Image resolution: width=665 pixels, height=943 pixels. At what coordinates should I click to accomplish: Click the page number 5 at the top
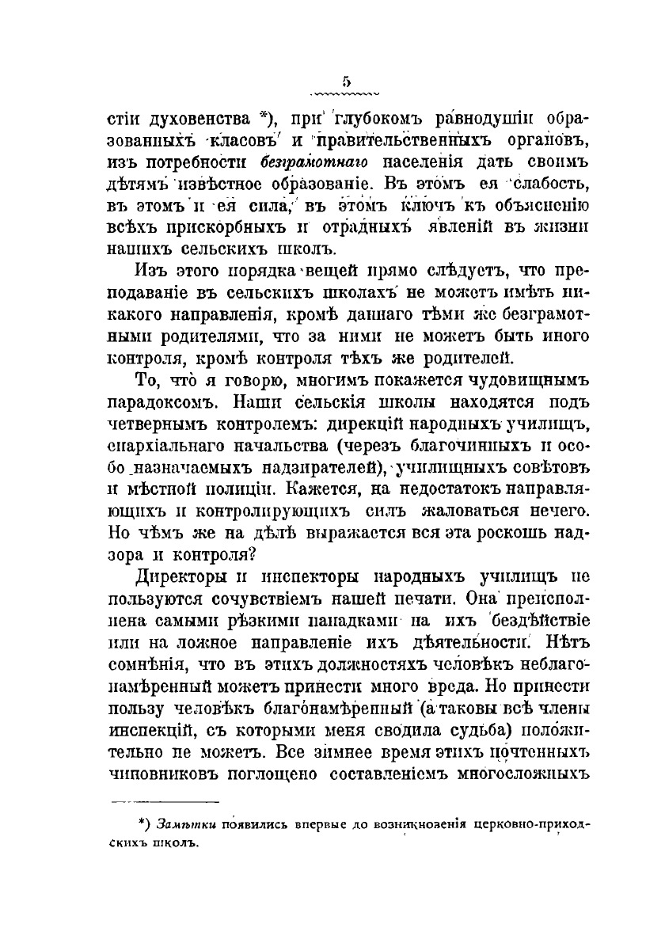tap(346, 79)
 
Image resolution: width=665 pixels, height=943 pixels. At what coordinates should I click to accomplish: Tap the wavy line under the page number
tap(346, 91)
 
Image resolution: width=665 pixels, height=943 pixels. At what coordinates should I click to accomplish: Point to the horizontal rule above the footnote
tap(164, 800)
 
